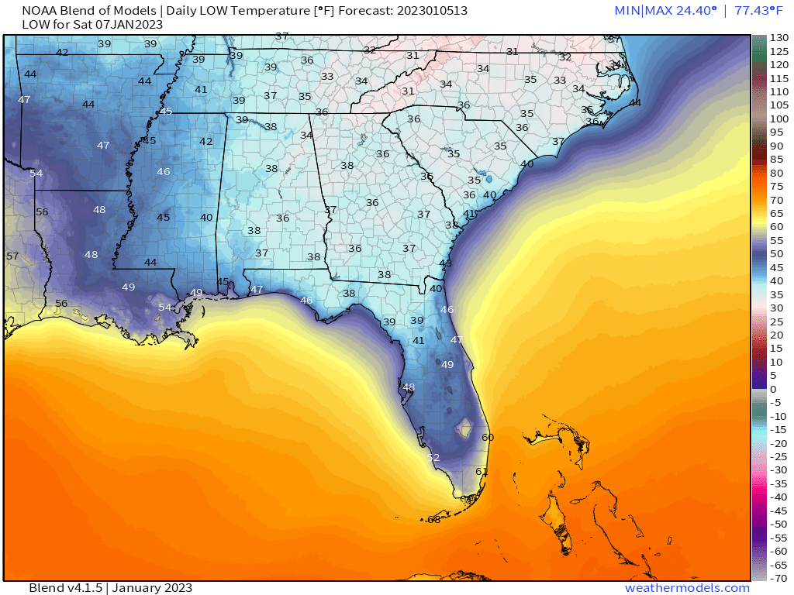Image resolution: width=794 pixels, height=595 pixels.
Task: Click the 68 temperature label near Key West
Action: point(433,519)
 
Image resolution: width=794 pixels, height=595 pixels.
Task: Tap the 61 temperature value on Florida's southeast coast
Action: point(482,471)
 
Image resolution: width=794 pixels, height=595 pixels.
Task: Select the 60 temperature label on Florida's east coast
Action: point(488,437)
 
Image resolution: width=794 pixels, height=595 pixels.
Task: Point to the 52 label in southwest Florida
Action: point(433,458)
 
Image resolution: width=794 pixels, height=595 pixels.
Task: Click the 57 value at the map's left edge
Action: point(12,256)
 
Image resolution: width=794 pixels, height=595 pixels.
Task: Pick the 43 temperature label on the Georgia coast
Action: point(445,263)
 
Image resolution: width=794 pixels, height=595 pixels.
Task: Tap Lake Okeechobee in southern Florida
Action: point(466,426)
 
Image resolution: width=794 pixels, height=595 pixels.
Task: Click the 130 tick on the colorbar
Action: point(778,37)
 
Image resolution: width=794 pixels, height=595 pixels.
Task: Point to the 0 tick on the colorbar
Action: point(773,388)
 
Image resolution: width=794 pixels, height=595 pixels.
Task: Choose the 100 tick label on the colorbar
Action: point(778,119)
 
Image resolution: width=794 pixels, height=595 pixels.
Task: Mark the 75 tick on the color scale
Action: point(776,186)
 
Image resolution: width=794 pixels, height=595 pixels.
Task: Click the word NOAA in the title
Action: point(39,11)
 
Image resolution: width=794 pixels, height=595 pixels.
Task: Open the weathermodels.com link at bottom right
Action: point(687,588)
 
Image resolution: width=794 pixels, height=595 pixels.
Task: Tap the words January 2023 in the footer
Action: point(152,588)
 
